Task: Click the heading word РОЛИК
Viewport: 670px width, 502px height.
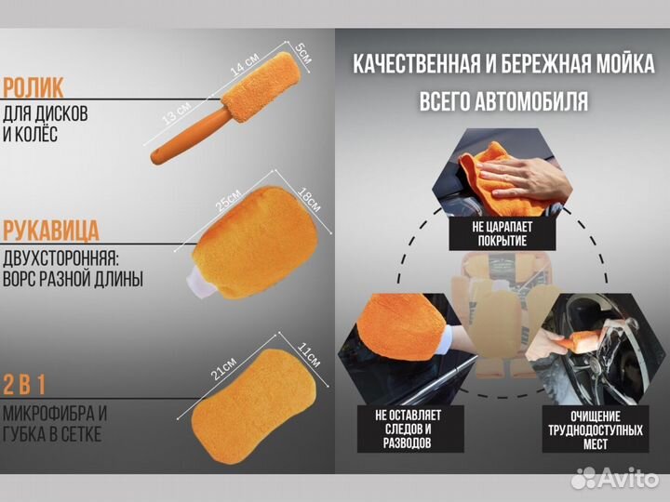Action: pos(34,88)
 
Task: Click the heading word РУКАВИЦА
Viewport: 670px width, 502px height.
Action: pos(52,230)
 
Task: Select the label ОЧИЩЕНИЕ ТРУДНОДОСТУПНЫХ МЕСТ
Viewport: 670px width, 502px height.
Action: pos(584,430)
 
